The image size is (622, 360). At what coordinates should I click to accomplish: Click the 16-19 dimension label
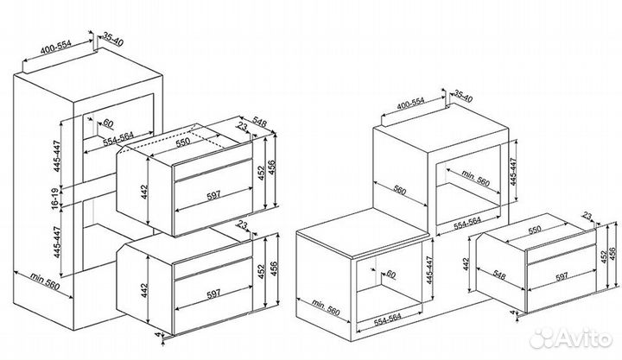54,197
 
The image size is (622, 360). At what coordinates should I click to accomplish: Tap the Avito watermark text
583,339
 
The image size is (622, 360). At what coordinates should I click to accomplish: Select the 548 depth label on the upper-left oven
260,123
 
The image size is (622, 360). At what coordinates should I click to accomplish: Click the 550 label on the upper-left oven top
183,142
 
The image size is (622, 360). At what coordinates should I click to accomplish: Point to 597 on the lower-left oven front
213,294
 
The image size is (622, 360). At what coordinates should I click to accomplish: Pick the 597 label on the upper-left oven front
213,194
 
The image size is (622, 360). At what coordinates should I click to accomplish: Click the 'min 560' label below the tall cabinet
45,281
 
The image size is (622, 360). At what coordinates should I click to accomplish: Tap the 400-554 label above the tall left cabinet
56,47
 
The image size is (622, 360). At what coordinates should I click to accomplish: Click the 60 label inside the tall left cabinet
107,123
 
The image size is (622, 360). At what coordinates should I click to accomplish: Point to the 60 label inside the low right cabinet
390,274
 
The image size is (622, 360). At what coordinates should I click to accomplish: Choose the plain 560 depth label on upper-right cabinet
399,191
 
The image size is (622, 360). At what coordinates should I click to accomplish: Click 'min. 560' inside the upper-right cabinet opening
476,179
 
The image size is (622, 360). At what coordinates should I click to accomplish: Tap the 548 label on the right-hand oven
499,275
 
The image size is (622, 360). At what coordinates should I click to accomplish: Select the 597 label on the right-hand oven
561,277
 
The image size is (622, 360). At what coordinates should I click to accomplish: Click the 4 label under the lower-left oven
158,335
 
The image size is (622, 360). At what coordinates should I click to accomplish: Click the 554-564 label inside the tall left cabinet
118,139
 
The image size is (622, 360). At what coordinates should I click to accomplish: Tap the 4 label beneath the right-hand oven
512,313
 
